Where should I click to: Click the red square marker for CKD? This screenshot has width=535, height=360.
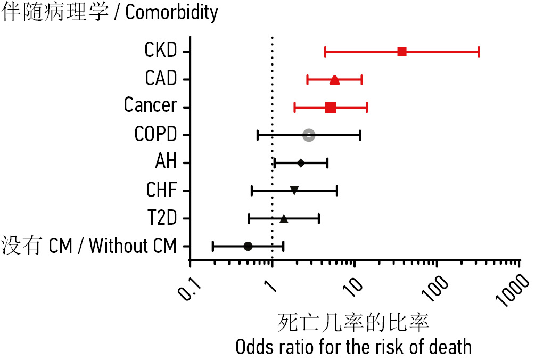[x=402, y=52]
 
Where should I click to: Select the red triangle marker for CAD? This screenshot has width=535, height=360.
[x=334, y=80]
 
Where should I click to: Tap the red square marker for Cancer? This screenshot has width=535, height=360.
[x=331, y=108]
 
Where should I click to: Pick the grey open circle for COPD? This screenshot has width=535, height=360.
[x=309, y=135]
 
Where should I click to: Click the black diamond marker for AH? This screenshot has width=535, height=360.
[x=301, y=163]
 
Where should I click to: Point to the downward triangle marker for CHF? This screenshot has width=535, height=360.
[x=294, y=190]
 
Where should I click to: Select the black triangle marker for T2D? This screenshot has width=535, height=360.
[x=284, y=218]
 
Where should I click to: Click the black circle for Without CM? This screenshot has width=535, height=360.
[x=248, y=246]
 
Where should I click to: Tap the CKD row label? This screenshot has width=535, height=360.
[x=160, y=51]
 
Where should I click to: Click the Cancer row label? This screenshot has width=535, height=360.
[x=150, y=105]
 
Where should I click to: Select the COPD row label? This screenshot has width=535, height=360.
[x=155, y=134]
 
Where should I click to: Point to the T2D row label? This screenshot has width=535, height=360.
[x=161, y=218]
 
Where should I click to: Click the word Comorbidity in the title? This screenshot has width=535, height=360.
[x=171, y=12]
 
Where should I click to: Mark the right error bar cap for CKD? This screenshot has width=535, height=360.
[x=479, y=52]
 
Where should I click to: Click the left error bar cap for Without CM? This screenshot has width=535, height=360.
[x=213, y=246]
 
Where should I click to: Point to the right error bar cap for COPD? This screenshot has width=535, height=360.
[x=360, y=135]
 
